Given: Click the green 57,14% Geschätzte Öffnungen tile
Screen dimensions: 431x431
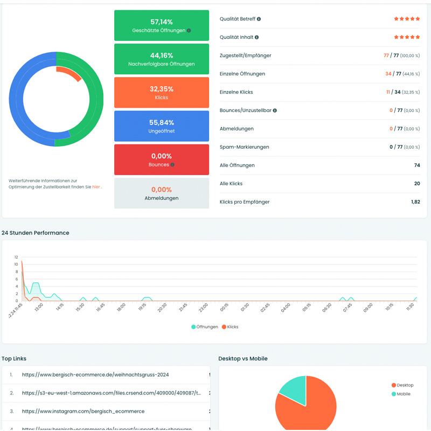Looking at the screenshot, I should pyautogui.click(x=161, y=25).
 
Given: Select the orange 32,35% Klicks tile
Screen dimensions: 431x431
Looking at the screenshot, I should pyautogui.click(x=161, y=93).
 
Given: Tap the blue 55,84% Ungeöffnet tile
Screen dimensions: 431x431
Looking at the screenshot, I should pyautogui.click(x=161, y=126).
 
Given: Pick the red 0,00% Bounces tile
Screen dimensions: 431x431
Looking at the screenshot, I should pyautogui.click(x=161, y=159).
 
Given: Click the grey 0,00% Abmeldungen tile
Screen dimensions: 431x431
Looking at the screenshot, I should pyautogui.click(x=161, y=193).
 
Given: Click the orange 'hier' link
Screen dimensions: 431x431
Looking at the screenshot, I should pyautogui.click(x=96, y=187).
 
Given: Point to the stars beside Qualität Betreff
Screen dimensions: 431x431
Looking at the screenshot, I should pyautogui.click(x=407, y=19).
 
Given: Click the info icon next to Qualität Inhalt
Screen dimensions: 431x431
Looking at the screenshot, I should pyautogui.click(x=256, y=37).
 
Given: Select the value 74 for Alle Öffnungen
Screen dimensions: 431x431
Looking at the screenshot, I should pyautogui.click(x=417, y=165).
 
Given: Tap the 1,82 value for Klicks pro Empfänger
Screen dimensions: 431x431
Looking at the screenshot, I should pyautogui.click(x=415, y=202).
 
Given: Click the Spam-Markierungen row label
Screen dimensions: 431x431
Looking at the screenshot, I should pyautogui.click(x=244, y=147).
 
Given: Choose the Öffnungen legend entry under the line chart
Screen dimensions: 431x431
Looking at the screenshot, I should pyautogui.click(x=205, y=327).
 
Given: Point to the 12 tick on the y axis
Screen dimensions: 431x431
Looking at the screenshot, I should pyautogui.click(x=16, y=257).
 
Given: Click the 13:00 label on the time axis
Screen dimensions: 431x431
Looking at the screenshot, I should pyautogui.click(x=39, y=307).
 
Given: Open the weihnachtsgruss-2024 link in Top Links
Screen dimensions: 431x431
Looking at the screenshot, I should pyautogui.click(x=95, y=374).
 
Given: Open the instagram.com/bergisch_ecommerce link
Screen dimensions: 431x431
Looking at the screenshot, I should pyautogui.click(x=83, y=411).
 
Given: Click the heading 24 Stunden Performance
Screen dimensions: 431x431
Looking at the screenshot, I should pyautogui.click(x=36, y=233).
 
